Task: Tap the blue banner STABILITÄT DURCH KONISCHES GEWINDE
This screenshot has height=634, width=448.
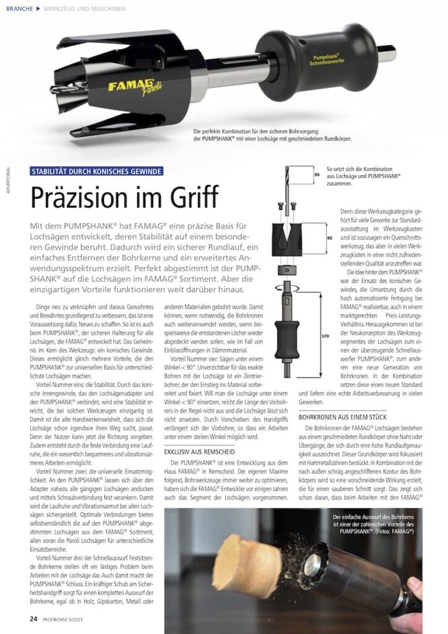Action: [97, 171]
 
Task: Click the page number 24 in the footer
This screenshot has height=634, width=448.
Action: [34, 618]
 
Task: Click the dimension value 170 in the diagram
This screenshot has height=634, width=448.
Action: [325, 337]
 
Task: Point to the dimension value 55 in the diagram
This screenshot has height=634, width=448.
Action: [317, 175]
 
